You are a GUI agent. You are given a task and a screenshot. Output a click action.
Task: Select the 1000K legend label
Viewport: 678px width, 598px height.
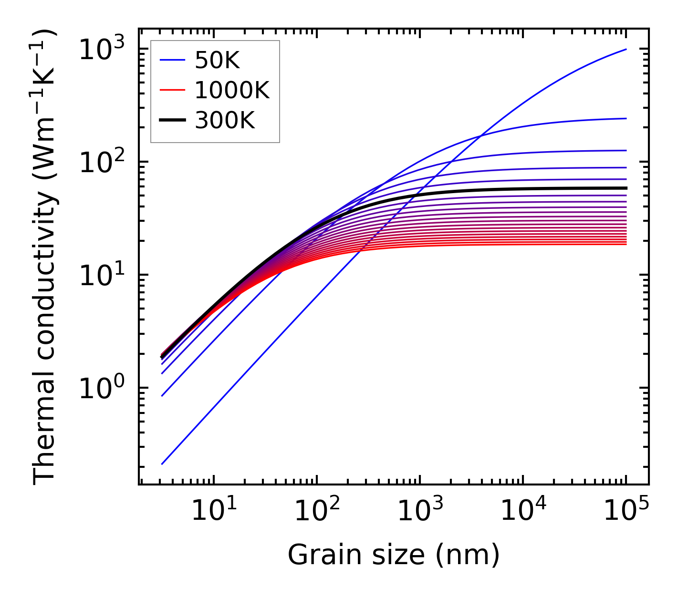(x=232, y=90)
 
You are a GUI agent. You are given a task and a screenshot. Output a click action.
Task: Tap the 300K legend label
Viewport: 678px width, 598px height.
(x=225, y=121)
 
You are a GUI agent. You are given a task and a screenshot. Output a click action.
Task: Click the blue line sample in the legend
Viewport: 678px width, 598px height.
(x=172, y=60)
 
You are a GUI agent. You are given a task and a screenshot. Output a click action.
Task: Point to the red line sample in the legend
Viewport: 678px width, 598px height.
(x=172, y=90)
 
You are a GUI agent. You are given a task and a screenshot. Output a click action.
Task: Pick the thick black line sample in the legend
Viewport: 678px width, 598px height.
(x=172, y=121)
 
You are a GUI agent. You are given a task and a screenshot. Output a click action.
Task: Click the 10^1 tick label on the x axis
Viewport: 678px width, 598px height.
(x=214, y=511)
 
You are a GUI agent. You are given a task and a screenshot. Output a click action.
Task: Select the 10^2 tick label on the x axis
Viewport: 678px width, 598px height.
(x=317, y=511)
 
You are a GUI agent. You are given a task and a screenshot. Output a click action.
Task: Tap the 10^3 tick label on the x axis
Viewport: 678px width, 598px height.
(x=420, y=511)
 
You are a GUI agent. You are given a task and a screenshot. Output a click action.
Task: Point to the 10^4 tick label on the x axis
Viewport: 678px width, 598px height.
(x=523, y=511)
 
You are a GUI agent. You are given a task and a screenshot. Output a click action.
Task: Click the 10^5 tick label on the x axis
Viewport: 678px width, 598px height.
(x=626, y=511)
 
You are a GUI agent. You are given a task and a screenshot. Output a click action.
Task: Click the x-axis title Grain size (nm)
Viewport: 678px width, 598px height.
(x=394, y=555)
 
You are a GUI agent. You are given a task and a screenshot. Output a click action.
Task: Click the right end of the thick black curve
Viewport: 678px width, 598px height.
(x=626, y=188)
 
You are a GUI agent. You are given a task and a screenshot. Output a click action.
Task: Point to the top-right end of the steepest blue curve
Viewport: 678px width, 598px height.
(x=626, y=49)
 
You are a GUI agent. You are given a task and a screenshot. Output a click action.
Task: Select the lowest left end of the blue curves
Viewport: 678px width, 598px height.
(x=163, y=464)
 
